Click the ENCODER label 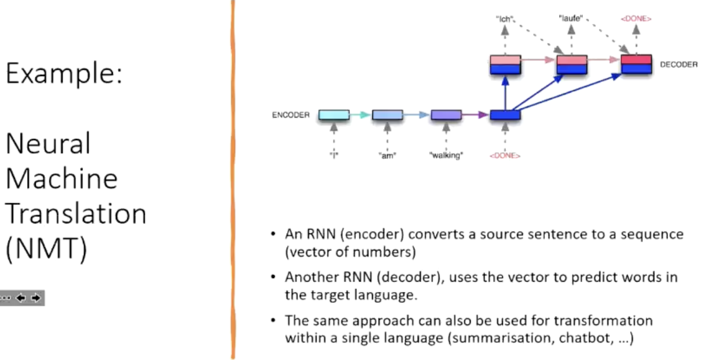pos(291,115)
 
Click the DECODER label pos(679,65)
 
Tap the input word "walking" pos(446,155)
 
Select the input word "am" pos(387,156)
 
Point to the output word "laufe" pos(571,18)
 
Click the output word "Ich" pos(505,19)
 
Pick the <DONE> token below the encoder pos(505,156)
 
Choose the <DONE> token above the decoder pos(636,19)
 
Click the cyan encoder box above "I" pos(334,115)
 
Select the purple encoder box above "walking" pos(446,115)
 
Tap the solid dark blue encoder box pos(505,115)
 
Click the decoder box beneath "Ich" pos(505,65)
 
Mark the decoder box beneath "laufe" pos(572,65)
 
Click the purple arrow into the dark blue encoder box pos(475,115)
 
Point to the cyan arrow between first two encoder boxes pos(360,115)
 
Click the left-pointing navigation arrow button pos(21,298)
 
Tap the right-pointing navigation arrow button pos(36,298)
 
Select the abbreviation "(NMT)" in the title pos(47,248)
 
